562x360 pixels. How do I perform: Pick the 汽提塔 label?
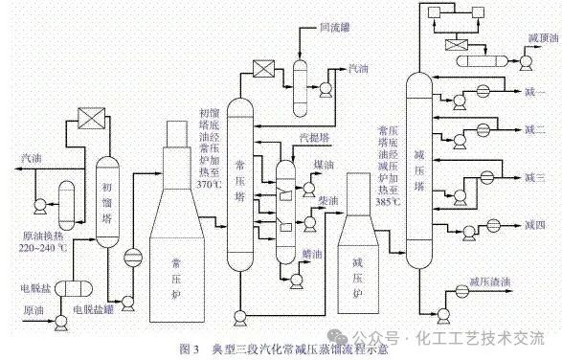coord(315,138)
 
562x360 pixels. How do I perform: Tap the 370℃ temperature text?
coord(208,183)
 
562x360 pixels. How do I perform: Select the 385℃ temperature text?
coord(389,202)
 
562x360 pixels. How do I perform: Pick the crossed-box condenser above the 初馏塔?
coord(91,120)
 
